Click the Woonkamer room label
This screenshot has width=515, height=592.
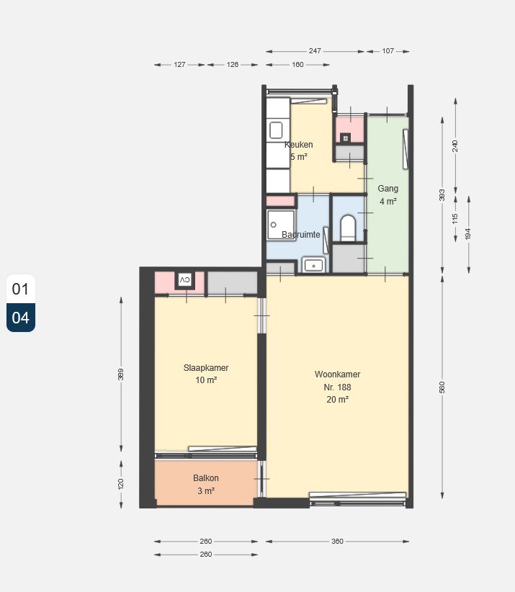tap(337, 375)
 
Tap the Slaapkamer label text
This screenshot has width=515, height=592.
tap(206, 368)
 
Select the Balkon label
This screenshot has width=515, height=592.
tap(206, 478)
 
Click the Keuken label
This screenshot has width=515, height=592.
tap(299, 145)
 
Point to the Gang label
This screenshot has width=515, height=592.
tap(388, 189)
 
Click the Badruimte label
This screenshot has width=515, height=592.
tap(301, 235)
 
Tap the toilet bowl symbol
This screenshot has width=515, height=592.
tap(348, 228)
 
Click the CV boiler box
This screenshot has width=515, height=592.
tap(184, 280)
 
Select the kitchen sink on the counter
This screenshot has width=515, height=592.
tap(276, 130)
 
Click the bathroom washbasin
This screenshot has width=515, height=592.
tap(313, 266)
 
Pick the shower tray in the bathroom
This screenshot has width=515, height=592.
tap(281, 225)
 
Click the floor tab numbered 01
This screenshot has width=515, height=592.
tap(21, 289)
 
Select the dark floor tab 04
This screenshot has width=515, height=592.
tap(21, 318)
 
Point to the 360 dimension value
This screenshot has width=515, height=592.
tap(337, 542)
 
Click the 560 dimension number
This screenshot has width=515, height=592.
tap(442, 387)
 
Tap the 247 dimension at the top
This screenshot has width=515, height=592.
tap(315, 51)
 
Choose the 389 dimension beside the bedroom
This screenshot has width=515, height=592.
tap(121, 375)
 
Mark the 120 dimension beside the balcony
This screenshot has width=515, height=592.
tap(121, 484)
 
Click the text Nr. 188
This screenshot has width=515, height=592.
tap(337, 387)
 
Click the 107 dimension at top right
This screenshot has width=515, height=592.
tap(388, 51)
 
